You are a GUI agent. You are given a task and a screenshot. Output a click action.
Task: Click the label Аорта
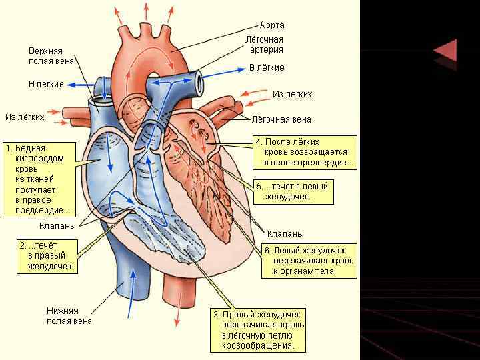pos(271,25)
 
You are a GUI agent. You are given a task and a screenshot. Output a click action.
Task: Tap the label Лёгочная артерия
pos(266,44)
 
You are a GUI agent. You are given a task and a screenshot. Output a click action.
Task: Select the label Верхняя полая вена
pos(49,56)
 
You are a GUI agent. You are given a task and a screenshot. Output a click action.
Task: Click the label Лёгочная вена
pos(281,120)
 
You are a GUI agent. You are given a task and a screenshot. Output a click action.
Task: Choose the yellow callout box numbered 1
pos(39,179)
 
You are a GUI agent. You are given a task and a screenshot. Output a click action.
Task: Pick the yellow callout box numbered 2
pos(47,256)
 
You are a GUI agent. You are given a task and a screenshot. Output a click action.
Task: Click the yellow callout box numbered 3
pos(259,330)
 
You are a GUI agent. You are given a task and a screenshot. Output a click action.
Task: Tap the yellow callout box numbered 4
pos(305,152)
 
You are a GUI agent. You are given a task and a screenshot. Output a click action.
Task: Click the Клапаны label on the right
pos(285,233)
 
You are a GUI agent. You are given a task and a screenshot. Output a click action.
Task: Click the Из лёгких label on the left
pos(25,117)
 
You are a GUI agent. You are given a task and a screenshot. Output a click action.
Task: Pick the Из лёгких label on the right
pos(292,94)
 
